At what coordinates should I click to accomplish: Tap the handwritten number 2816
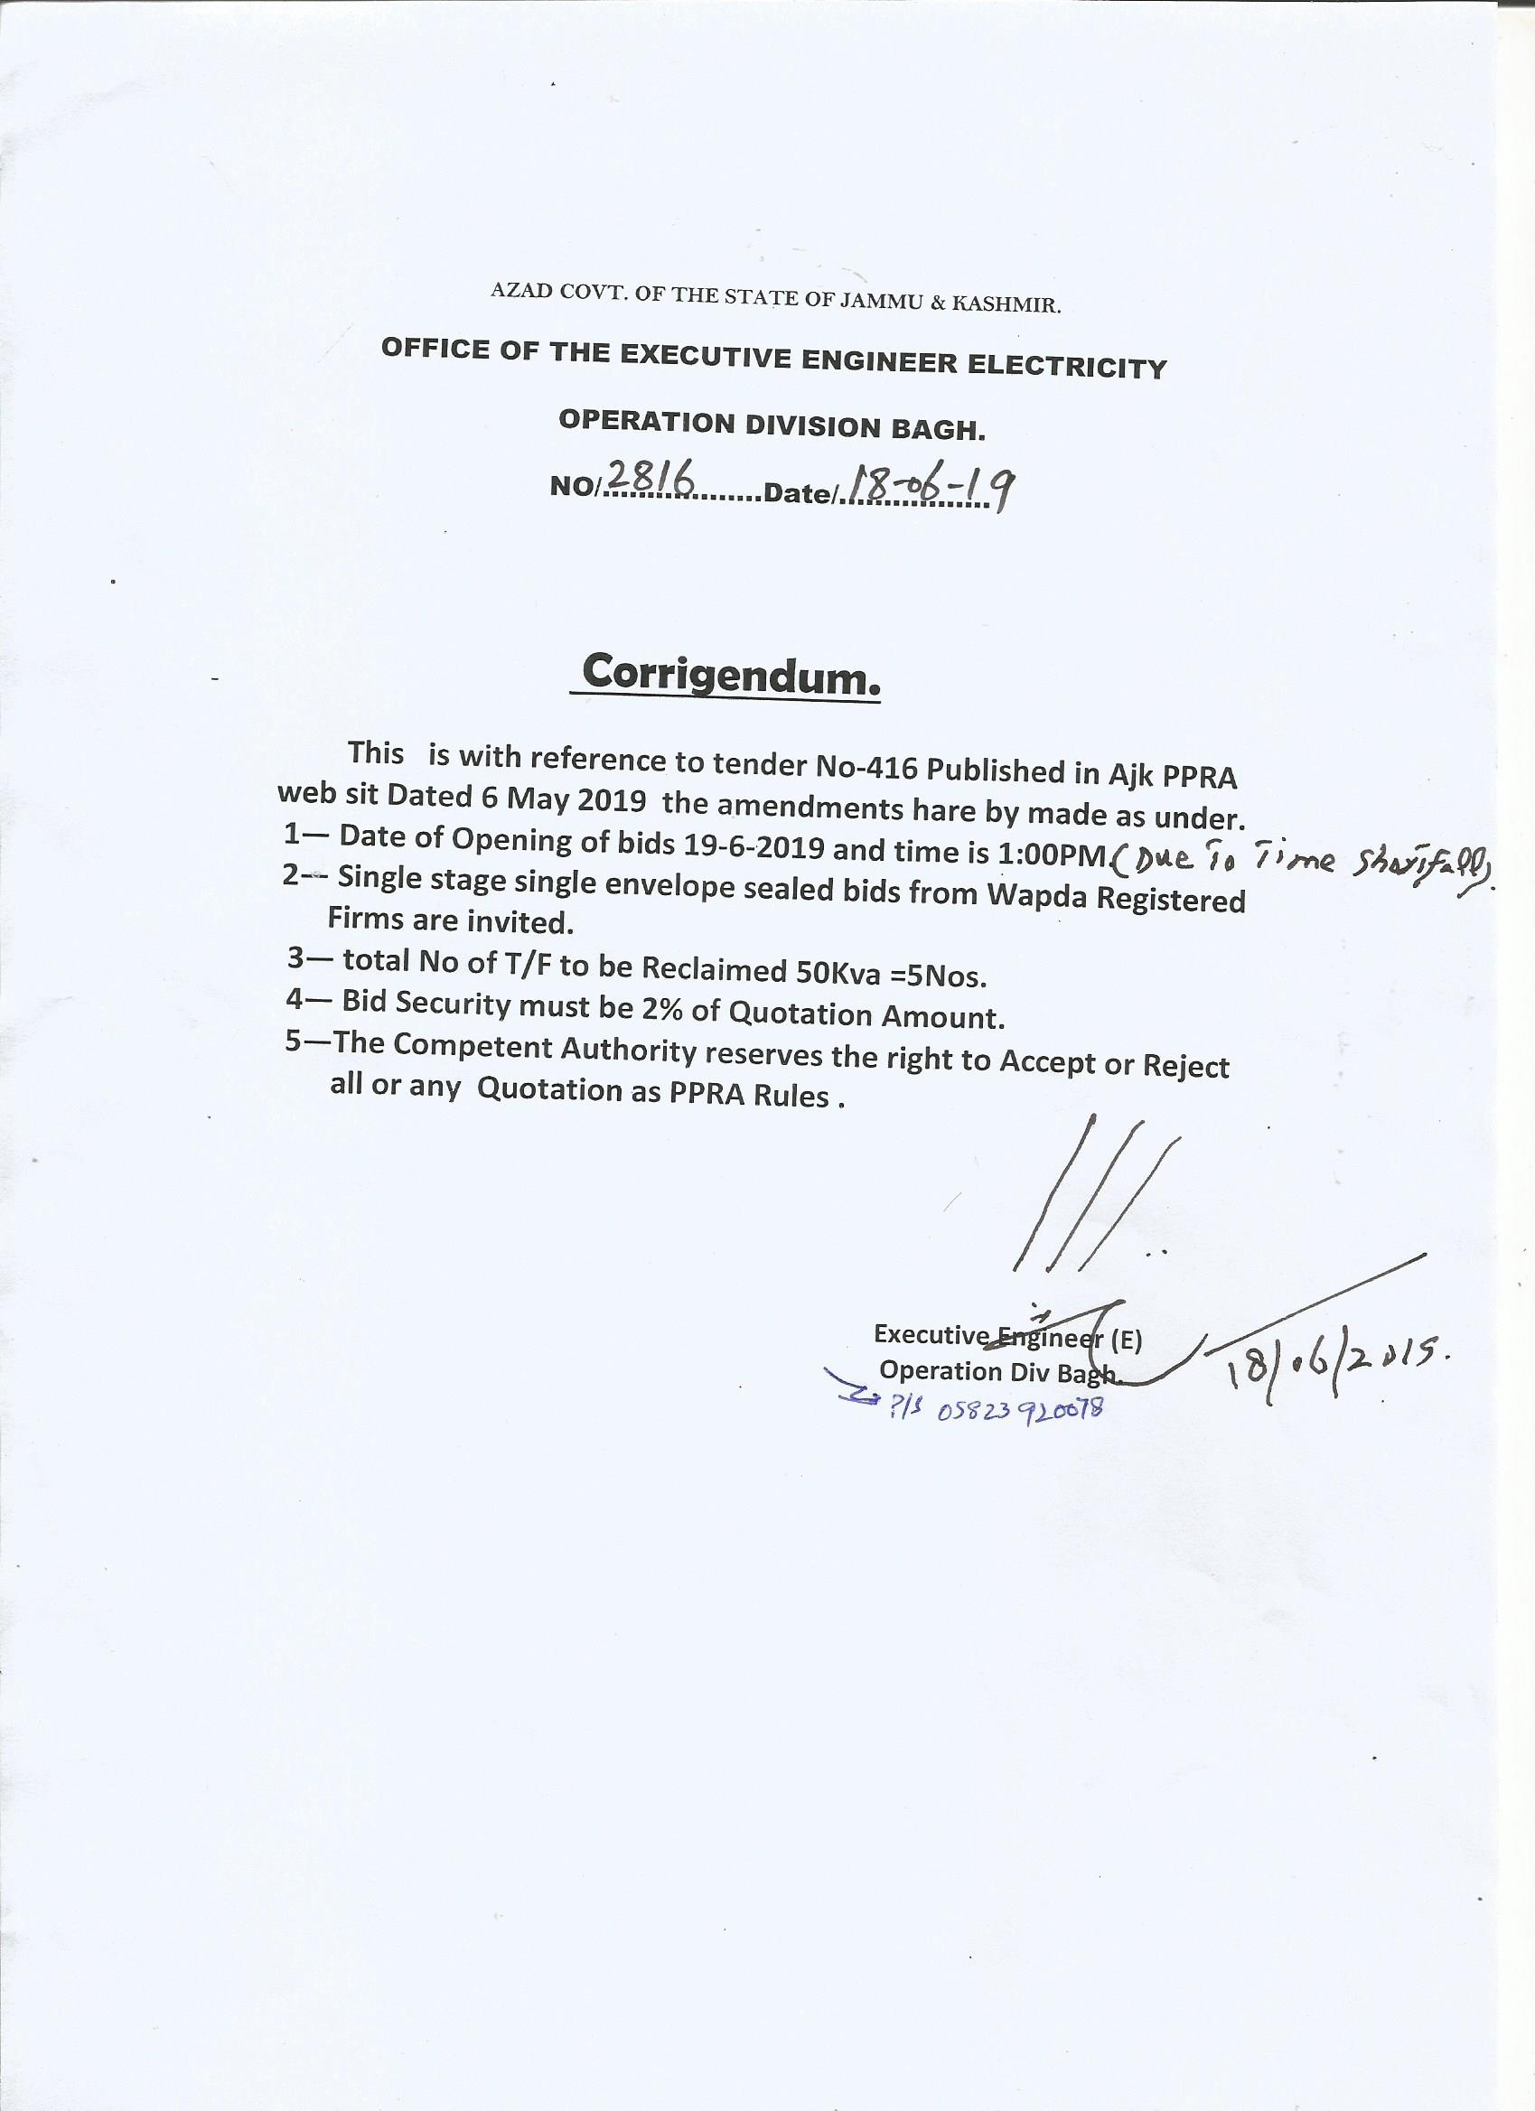point(651,479)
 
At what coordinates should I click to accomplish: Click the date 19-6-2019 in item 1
point(753,846)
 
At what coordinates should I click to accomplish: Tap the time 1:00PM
point(1053,855)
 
